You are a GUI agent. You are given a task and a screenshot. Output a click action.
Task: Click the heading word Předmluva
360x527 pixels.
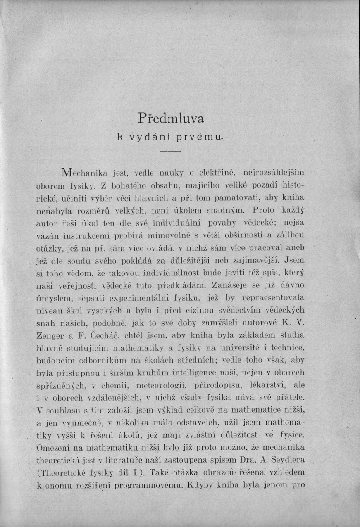coord(171,119)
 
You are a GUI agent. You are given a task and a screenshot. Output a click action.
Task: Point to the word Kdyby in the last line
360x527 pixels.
coord(202,485)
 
